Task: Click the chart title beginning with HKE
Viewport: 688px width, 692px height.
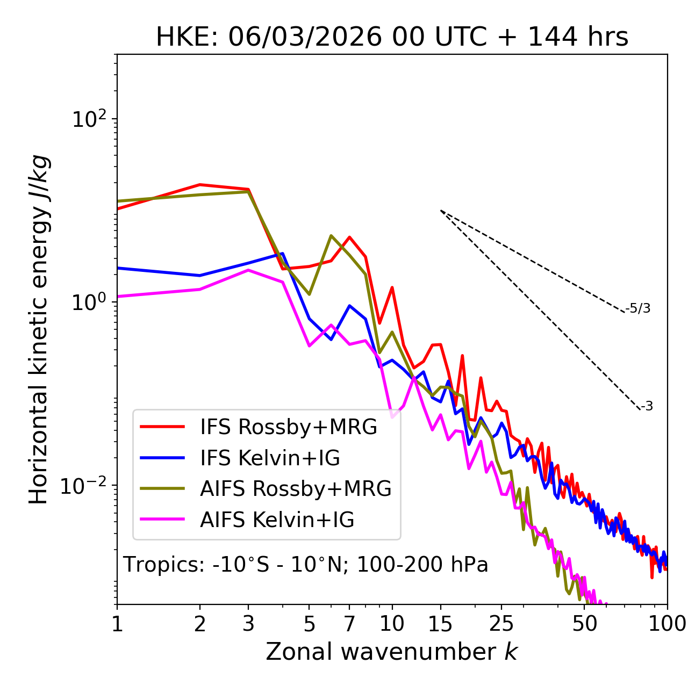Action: (x=392, y=38)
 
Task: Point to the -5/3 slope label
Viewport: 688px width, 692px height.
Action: (x=638, y=308)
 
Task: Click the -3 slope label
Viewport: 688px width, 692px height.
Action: (x=647, y=407)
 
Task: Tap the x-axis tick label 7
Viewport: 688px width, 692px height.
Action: (x=349, y=624)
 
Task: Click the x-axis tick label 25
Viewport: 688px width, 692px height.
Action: (x=501, y=624)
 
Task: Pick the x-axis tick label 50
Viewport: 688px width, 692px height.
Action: (x=585, y=624)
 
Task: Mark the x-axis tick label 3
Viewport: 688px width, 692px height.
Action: (x=248, y=624)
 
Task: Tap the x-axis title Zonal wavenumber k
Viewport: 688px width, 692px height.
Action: (x=392, y=652)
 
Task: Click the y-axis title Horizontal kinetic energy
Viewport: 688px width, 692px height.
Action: (x=39, y=330)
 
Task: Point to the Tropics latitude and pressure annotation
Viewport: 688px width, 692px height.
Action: (x=306, y=565)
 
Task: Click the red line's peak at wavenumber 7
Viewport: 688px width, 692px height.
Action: (x=349, y=237)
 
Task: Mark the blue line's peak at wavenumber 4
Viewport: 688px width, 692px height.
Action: (x=283, y=254)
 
